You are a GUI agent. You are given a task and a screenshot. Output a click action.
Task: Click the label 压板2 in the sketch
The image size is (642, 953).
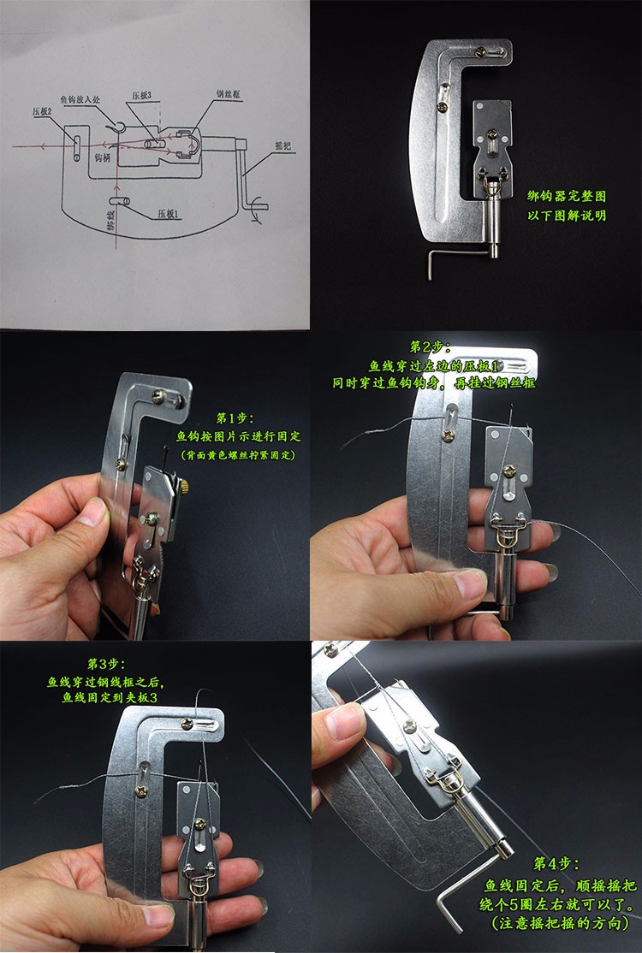click(43, 111)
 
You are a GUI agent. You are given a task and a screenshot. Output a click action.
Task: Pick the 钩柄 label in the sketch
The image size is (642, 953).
click(102, 158)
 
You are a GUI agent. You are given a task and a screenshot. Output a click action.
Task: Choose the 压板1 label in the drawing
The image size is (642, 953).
click(168, 215)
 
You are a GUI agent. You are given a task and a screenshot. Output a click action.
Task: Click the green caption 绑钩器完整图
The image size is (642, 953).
click(568, 197)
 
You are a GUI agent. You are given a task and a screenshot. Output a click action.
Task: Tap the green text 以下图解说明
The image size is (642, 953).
click(568, 215)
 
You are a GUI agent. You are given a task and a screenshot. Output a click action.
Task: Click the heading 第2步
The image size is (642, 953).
click(425, 346)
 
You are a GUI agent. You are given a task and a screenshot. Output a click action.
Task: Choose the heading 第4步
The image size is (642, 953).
click(556, 863)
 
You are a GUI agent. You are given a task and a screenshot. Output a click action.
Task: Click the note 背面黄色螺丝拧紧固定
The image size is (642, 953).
click(238, 455)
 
